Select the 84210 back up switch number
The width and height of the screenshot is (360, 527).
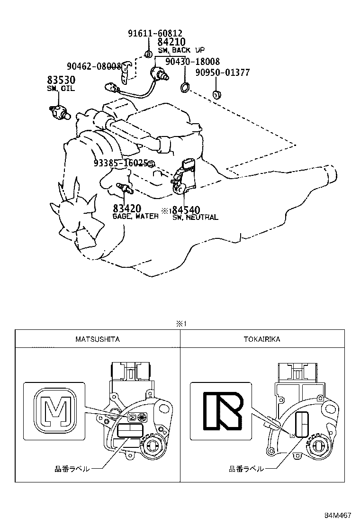[171, 42]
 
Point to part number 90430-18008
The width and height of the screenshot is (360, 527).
[192, 62]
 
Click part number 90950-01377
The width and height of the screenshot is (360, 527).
[222, 73]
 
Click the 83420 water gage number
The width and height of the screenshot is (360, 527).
[127, 209]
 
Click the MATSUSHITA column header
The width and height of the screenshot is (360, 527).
[97, 339]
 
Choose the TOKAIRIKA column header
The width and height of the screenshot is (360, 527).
[262, 339]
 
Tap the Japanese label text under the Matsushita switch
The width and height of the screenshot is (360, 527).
[72, 469]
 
